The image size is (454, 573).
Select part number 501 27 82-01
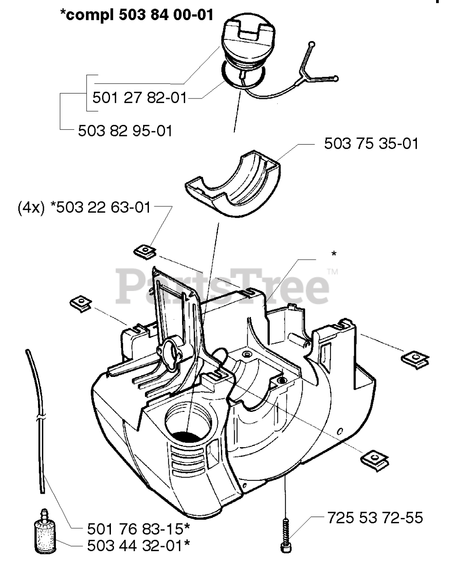(x=139, y=97)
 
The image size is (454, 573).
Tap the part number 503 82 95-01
(x=125, y=131)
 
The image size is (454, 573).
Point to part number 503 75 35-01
(x=371, y=144)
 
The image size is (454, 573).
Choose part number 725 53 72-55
(x=373, y=518)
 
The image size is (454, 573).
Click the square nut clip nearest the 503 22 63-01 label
(x=144, y=252)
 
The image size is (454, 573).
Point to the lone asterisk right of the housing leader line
(x=333, y=254)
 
